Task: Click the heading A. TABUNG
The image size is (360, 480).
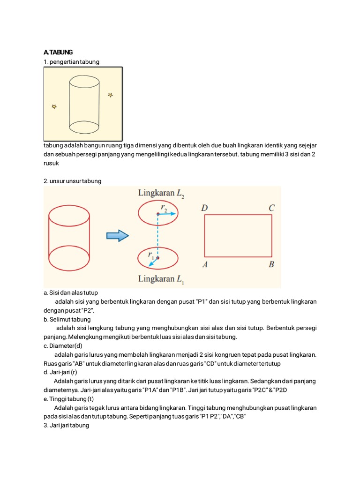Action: point(58,52)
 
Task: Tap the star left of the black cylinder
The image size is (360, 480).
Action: point(54,107)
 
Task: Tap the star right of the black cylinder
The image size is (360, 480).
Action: point(111,95)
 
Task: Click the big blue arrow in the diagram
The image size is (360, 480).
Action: point(117,235)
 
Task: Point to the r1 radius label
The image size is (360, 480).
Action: point(151,255)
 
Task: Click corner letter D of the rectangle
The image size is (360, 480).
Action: point(205,208)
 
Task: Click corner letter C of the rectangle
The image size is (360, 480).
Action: point(271,208)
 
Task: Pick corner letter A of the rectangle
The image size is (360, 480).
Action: point(205,265)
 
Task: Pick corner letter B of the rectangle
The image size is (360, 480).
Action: point(271,265)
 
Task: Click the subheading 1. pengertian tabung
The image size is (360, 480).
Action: point(71,62)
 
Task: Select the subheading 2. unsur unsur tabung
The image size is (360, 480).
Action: point(72,181)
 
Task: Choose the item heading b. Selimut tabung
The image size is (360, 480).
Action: point(67,319)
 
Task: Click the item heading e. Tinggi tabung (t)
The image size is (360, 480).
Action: point(69,399)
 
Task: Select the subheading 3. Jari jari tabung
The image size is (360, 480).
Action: point(66,426)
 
